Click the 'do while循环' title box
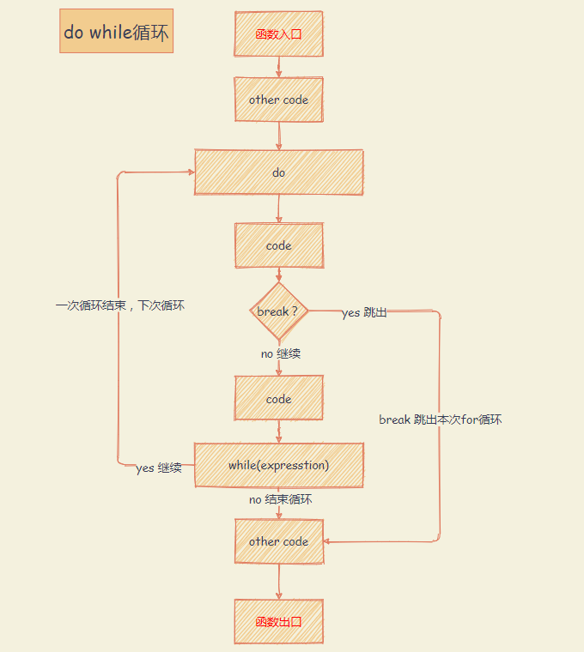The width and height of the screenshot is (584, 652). point(116,32)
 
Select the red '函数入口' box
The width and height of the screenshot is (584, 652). point(279,34)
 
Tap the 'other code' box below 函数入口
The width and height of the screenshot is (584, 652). point(279,100)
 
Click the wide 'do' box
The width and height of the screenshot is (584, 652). point(279,172)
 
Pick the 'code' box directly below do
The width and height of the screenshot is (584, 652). point(279,245)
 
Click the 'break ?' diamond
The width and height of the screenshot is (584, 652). point(278,311)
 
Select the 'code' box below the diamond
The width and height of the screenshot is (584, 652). point(279,398)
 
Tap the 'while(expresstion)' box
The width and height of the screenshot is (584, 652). point(279,465)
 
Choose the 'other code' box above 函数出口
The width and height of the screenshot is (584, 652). point(279,541)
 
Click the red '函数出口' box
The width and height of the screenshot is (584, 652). point(279,621)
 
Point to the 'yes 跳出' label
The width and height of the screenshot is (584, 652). point(364,313)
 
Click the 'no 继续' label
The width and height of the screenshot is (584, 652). point(281,353)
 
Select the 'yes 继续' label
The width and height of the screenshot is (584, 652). point(159,468)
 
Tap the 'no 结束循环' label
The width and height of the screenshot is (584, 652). point(281,499)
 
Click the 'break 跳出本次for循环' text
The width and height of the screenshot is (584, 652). point(441,420)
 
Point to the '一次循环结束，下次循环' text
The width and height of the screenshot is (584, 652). point(120,305)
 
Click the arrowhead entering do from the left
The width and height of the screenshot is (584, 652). point(191,172)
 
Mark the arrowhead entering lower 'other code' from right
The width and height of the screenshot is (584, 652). point(327,542)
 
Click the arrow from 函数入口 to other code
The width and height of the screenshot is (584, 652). point(279,67)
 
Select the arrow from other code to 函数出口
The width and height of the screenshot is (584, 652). point(279,581)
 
